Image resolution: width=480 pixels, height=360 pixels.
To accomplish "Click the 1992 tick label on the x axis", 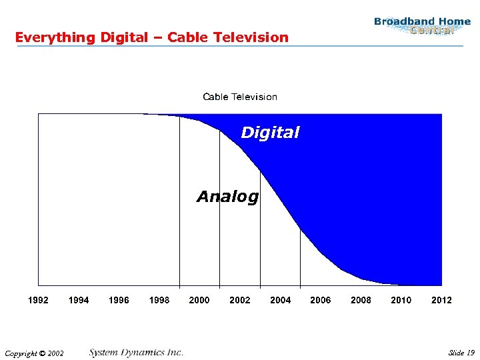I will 38,300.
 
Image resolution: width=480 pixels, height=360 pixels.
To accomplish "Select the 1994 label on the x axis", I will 79,300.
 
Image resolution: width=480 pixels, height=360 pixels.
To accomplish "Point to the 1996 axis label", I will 119,300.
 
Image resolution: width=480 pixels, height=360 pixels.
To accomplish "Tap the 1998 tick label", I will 159,300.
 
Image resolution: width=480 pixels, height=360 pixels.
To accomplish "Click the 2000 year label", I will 199,300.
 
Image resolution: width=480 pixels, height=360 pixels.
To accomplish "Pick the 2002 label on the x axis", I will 240,300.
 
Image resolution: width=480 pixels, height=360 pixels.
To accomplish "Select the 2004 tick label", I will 280,300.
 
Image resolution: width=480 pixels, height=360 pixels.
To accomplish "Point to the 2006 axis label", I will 321,300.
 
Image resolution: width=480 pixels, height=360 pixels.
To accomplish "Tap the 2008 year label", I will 361,300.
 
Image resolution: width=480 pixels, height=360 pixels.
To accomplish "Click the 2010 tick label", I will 401,300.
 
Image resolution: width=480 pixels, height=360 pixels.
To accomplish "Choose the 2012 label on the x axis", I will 441,300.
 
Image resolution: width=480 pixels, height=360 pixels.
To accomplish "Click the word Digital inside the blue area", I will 270,133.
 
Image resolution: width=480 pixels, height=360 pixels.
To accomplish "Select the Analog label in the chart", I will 227,197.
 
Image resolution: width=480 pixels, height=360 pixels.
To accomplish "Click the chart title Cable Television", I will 240,97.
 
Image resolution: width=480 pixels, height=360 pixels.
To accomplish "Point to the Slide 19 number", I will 461,353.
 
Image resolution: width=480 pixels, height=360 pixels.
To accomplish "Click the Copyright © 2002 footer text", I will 33,353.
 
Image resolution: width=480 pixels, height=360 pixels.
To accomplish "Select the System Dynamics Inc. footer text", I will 136,352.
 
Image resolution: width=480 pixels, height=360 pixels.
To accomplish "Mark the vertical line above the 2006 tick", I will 300,260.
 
